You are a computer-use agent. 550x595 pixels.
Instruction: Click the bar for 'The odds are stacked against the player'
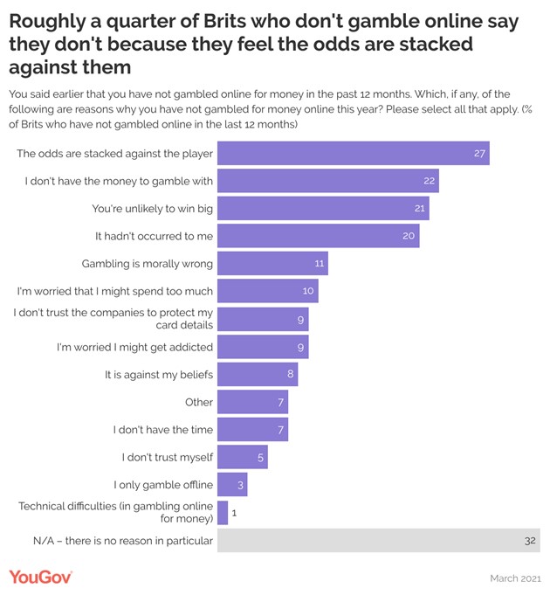coord(353,154)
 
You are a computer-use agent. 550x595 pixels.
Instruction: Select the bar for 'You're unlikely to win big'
coord(323,209)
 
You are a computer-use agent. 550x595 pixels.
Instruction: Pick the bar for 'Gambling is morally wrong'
coord(272,264)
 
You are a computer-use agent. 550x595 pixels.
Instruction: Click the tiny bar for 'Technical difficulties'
coord(223,513)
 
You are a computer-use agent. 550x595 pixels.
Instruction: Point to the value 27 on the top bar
coord(479,154)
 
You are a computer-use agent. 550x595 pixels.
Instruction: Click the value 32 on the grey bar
coord(530,541)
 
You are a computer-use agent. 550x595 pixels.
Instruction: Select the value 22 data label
coord(429,182)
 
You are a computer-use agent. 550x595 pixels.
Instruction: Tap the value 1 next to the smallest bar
coord(235,514)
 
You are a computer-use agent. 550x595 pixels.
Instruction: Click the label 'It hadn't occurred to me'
coord(154,237)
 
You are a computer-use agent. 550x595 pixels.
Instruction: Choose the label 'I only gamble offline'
coord(163,485)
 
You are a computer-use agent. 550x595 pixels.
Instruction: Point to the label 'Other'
coord(199,402)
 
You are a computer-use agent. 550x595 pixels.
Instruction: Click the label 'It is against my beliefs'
coord(158,375)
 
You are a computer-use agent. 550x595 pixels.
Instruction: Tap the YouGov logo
coord(40,577)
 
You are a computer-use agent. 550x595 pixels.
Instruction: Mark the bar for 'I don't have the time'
coord(252,430)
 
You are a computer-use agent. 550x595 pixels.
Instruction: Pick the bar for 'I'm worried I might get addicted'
coord(263,347)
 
